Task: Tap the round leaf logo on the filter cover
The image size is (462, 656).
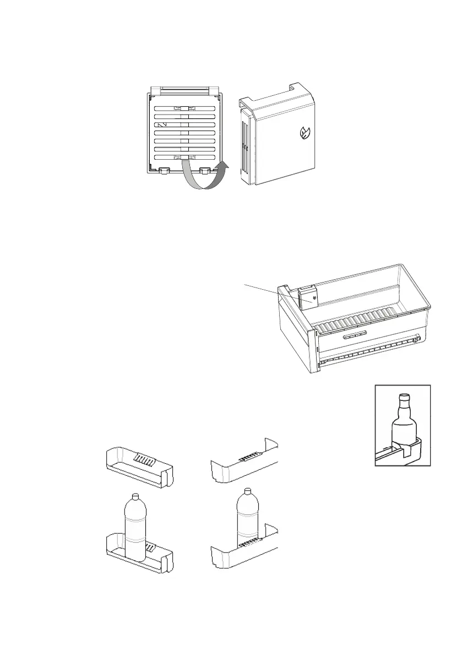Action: coord(304,133)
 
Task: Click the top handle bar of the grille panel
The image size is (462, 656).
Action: coord(184,90)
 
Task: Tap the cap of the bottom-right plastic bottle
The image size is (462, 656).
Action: coord(247,491)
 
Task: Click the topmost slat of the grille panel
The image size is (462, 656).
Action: coord(184,109)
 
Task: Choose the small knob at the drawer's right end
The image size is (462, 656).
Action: coord(419,339)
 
